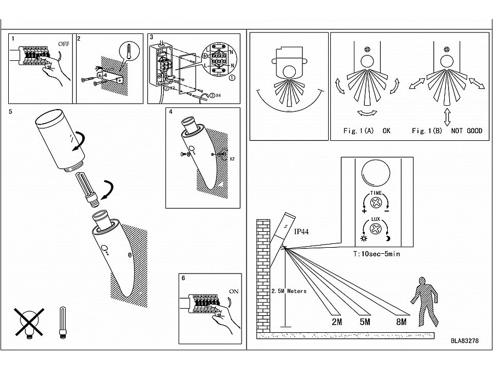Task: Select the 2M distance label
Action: click(x=336, y=322)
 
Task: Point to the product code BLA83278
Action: click(x=465, y=340)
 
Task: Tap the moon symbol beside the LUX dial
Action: click(x=388, y=239)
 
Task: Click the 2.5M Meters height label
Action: click(x=289, y=291)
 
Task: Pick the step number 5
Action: click(x=12, y=111)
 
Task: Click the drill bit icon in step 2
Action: click(x=127, y=53)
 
